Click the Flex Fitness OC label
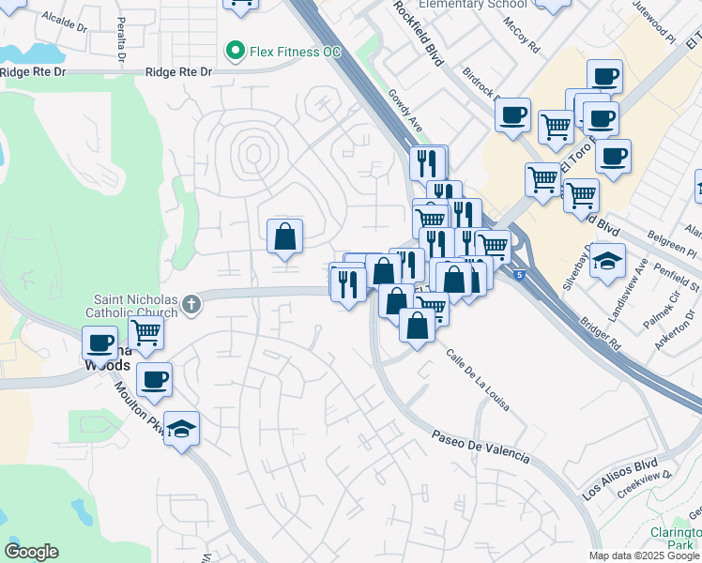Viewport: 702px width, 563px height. pos(295,51)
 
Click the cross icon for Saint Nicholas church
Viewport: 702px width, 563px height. pos(191,303)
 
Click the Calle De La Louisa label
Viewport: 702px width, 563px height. pos(478,380)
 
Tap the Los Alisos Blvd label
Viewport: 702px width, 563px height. pos(619,479)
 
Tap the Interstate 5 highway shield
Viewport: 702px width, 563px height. pos(519,274)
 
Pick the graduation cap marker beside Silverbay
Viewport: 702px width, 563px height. pos(606,260)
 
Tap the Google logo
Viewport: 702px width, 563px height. pos(31,552)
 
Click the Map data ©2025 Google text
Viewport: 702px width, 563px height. pos(645,555)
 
